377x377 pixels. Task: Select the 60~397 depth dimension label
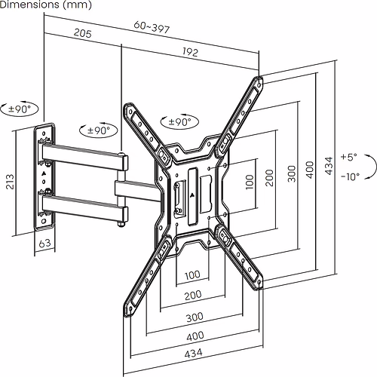pyautogui.click(x=151, y=26)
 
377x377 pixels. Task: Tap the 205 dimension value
pyautogui.click(x=83, y=34)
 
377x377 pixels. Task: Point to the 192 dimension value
pyautogui.click(x=189, y=52)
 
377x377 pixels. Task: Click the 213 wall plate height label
pyautogui.click(x=10, y=181)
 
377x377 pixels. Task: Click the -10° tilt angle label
pyautogui.click(x=348, y=176)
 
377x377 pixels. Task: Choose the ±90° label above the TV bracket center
pyautogui.click(x=178, y=121)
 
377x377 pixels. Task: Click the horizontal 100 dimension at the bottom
pyautogui.click(x=192, y=274)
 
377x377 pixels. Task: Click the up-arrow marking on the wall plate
pyautogui.click(x=44, y=174)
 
